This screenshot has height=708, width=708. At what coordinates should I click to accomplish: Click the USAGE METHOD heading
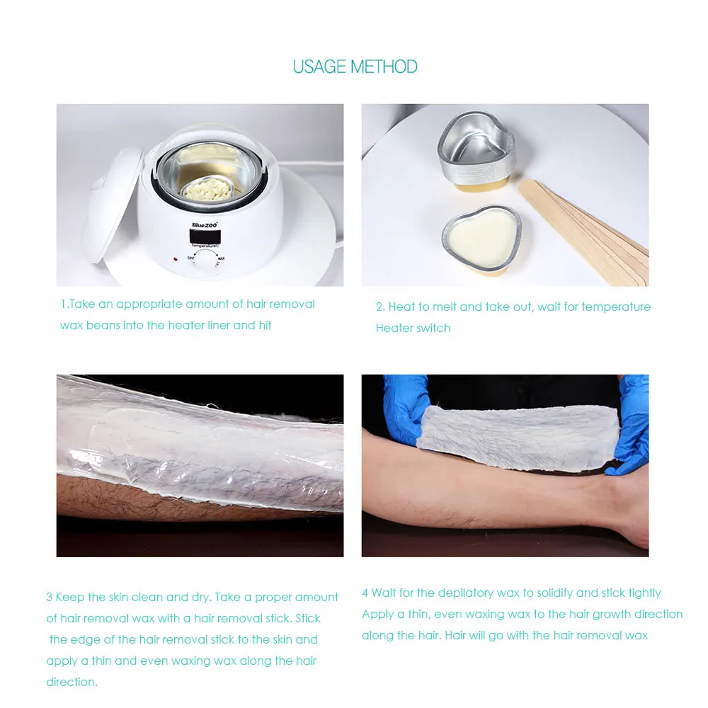[x=355, y=67]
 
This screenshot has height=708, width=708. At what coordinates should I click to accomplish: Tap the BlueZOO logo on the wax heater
[x=205, y=224]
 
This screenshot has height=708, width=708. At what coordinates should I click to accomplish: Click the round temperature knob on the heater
[x=205, y=262]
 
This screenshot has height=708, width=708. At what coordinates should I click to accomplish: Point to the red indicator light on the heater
[x=175, y=259]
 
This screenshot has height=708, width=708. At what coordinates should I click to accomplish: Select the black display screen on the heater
[x=205, y=236]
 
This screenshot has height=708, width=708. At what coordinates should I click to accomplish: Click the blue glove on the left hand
[x=405, y=406]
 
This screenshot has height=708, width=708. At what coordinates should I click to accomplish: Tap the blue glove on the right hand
[x=629, y=424]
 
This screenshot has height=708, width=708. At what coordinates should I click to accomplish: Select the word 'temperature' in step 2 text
[x=616, y=307]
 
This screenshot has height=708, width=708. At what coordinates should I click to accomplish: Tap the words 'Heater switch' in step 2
[x=413, y=328]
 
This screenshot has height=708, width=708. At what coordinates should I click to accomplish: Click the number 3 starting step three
[x=49, y=597]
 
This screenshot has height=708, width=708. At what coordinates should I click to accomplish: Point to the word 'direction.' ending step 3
[x=72, y=682]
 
